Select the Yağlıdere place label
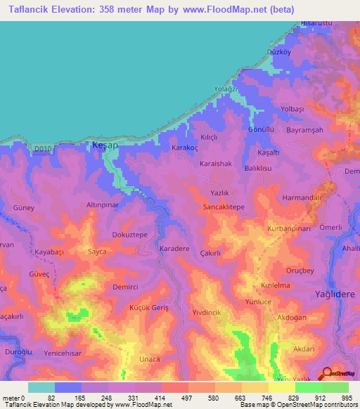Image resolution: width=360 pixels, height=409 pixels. pyautogui.click(x=336, y=294)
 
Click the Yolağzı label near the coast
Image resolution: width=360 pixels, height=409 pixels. pyautogui.click(x=227, y=89)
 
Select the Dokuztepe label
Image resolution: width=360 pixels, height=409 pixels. pyautogui.click(x=130, y=235)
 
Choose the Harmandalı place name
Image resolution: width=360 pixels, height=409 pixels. pyautogui.click(x=302, y=198)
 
